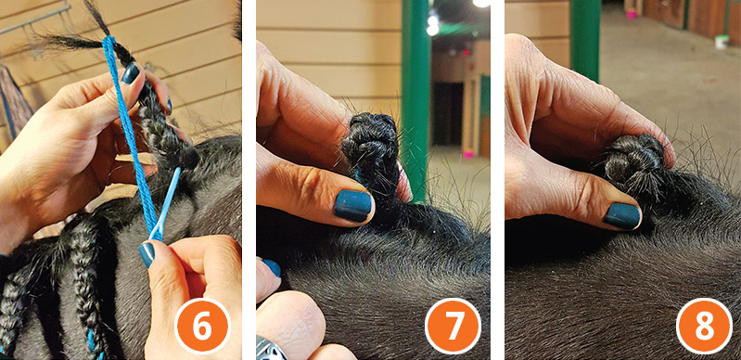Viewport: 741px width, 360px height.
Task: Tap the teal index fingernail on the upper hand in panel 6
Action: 131,73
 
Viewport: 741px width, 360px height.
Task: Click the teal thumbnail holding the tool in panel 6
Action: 147,251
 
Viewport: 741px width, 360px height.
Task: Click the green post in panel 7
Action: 416,93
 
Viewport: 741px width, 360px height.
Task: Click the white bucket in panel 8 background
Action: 721,42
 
